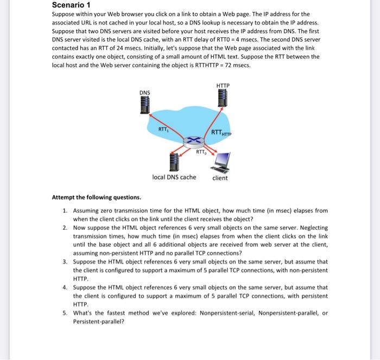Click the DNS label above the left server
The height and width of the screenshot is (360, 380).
point(145,93)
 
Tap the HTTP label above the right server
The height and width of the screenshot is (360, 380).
point(223,85)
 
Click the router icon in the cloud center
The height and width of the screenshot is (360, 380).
point(193,142)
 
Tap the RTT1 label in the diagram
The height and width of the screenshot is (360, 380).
point(163,129)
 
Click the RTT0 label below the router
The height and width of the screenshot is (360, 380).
point(201,152)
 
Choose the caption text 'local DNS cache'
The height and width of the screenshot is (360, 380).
point(174,177)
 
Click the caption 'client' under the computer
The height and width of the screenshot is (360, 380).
point(220,178)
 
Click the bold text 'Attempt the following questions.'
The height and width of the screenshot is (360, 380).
point(96,197)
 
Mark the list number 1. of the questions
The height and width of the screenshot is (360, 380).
point(65,210)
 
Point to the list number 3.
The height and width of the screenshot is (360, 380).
point(65,261)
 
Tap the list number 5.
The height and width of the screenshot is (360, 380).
point(65,313)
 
